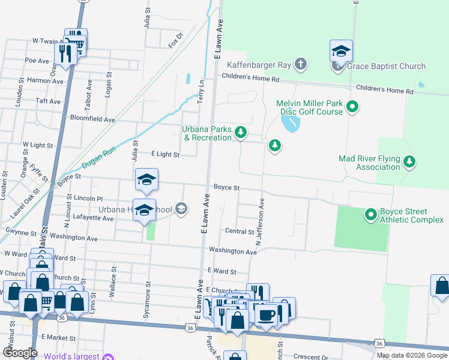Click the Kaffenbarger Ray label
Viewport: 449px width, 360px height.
click(259, 65)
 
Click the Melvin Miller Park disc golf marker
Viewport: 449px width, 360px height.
click(353, 107)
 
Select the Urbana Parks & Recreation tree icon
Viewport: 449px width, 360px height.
click(241, 132)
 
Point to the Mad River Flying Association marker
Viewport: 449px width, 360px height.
click(410, 161)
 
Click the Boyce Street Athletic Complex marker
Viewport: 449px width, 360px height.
click(370, 214)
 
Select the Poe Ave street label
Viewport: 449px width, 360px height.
click(37, 61)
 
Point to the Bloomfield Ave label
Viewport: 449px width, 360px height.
click(92, 119)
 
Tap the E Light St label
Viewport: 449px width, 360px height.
click(165, 155)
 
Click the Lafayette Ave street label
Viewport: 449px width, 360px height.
click(93, 219)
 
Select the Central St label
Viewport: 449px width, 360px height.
click(240, 231)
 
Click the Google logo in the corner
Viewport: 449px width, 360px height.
click(20, 353)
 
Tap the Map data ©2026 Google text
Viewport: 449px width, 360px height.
click(412, 355)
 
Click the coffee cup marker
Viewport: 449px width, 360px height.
click(267, 314)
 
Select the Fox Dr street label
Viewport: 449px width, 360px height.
click(175, 42)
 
